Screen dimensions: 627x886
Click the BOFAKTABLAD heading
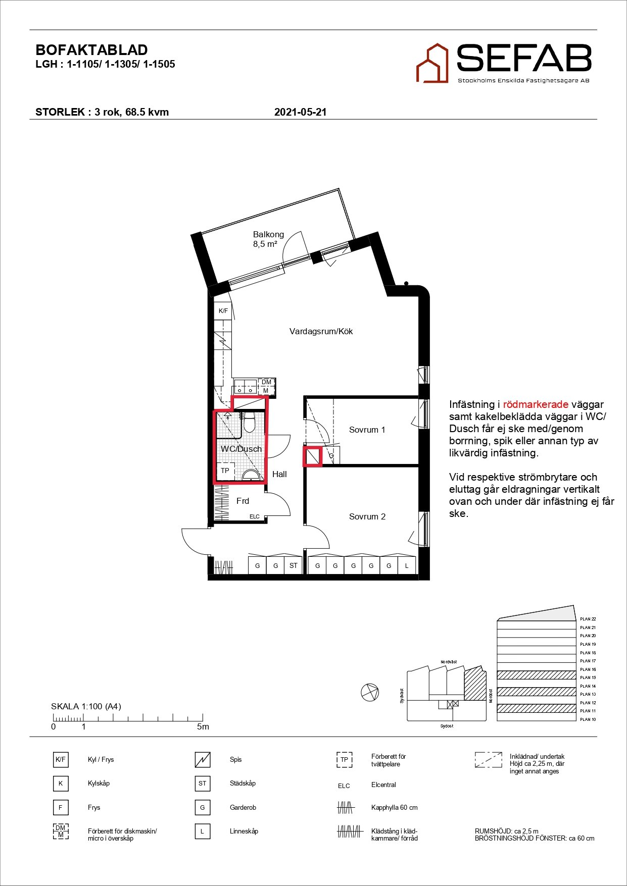(x=91, y=50)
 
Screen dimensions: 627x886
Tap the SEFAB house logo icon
(x=432, y=64)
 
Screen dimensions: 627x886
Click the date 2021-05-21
(x=300, y=112)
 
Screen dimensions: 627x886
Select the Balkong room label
(x=268, y=234)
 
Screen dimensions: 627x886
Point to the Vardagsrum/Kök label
(x=321, y=331)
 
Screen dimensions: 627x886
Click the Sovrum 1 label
(x=367, y=430)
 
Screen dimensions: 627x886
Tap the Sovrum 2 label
(x=367, y=516)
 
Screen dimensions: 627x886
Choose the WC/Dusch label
(x=242, y=449)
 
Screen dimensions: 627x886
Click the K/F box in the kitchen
(x=223, y=311)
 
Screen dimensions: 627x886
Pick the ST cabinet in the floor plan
(x=293, y=565)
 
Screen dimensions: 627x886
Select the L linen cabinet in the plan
(x=407, y=565)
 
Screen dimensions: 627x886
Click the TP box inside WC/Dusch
(x=225, y=471)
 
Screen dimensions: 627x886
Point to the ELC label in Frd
(x=255, y=516)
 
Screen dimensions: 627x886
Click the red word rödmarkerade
(x=536, y=404)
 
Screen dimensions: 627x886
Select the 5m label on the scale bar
(x=203, y=727)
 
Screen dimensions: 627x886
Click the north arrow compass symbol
(x=370, y=692)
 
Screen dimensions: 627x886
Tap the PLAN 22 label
(x=588, y=619)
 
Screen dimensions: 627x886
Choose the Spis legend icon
(x=203, y=760)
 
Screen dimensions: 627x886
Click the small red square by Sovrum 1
(x=312, y=457)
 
